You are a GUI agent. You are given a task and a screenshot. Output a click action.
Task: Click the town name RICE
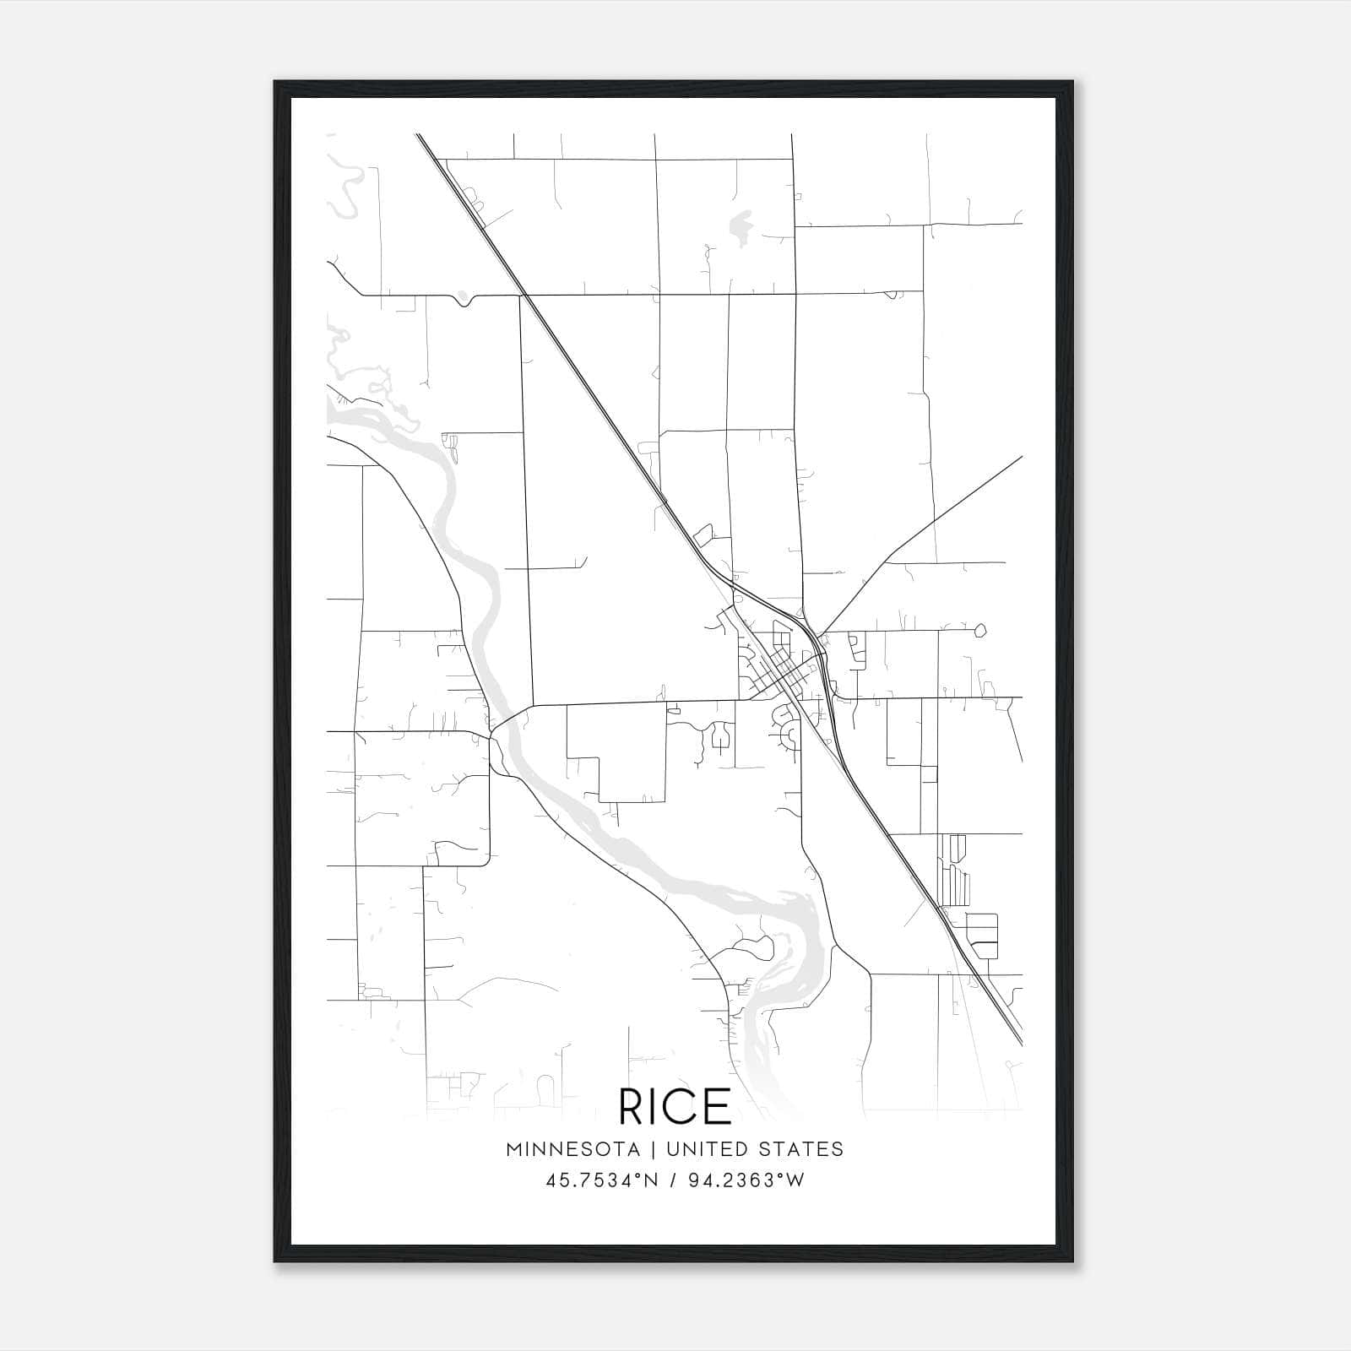675,1105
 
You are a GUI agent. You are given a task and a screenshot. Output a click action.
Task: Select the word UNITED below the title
707,1149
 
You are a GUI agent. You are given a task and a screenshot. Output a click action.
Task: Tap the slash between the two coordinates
671,1180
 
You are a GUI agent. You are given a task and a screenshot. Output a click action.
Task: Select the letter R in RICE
632,1105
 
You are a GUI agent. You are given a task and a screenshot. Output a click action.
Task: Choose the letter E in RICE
719,1105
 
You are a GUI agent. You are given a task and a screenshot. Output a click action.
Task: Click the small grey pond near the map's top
741,226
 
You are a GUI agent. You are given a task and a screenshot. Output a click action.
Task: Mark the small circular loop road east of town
980,630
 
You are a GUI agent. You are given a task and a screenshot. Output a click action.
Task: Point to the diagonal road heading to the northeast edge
954,507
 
